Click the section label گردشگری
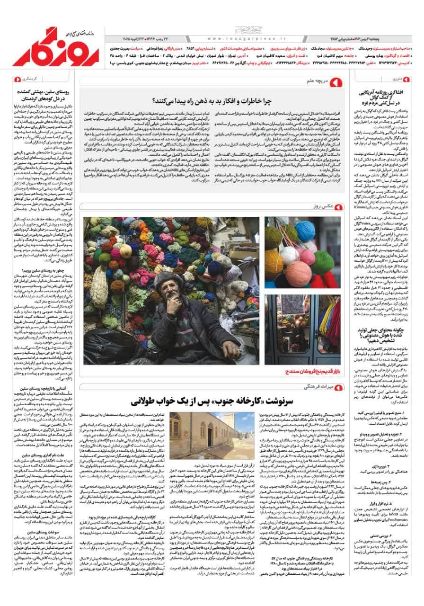pos(28,79)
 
